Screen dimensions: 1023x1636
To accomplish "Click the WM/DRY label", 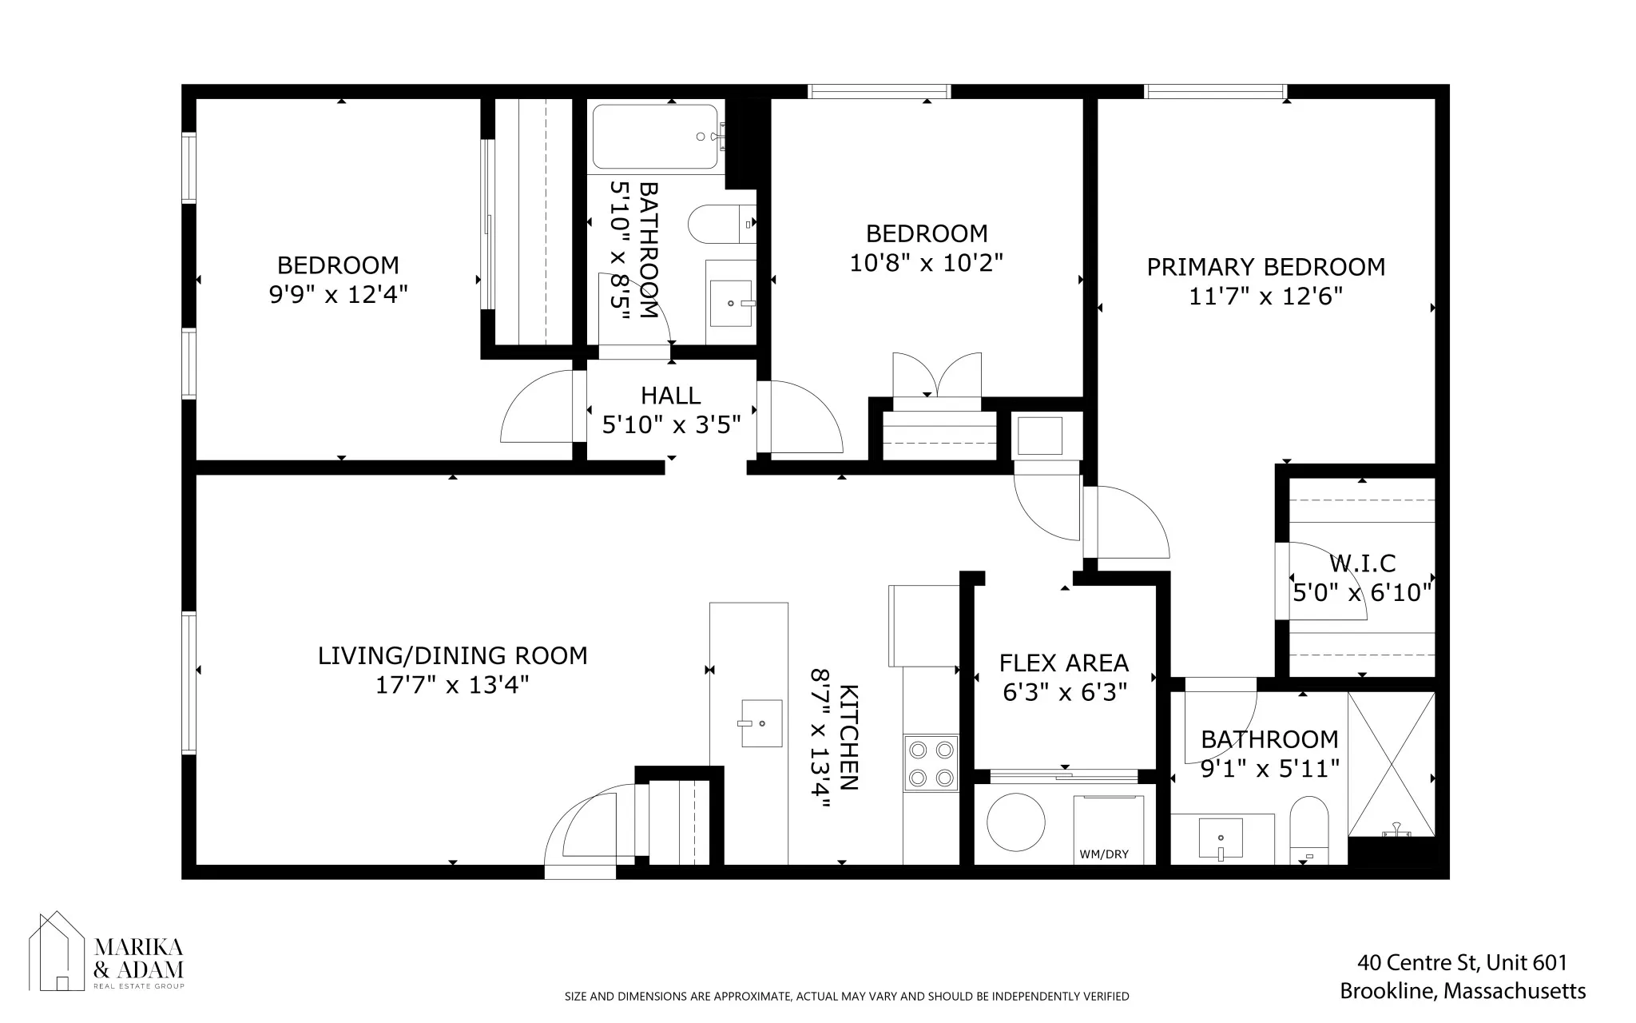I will coord(1104,854).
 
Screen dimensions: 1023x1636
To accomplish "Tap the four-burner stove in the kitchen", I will coord(931,763).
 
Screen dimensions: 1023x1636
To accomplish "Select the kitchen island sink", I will coord(760,723).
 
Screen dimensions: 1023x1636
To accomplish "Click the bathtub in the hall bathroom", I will coord(655,137).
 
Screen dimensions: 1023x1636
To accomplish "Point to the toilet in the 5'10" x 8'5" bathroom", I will coord(719,225).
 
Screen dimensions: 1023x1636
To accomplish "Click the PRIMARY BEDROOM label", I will coord(1265,267).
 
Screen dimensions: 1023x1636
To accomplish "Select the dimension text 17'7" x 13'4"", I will coord(452,686).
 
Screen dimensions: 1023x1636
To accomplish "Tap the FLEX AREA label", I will coord(1063,663).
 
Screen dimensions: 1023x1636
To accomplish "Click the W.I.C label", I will coord(1362,564).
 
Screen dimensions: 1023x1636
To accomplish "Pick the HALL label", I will coord(670,396).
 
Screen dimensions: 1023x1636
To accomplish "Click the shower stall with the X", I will coord(1391,764).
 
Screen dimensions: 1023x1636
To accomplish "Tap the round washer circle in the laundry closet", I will coord(1015,822).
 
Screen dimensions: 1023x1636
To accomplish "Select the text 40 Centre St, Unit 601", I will coord(1462,962).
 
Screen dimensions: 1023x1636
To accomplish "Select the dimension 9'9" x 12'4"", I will coord(339,295).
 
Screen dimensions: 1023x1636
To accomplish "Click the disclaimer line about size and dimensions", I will coord(847,997).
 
